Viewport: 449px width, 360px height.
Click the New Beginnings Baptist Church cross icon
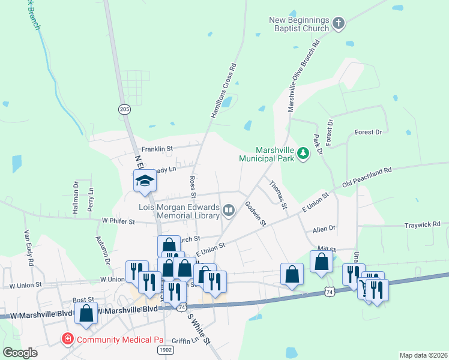coord(339,24)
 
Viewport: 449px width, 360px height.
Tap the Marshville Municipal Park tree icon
coord(304,155)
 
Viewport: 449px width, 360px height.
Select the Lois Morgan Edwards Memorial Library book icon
coord(229,210)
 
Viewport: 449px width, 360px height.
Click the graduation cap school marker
coord(145,181)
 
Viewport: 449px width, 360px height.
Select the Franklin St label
coord(157,148)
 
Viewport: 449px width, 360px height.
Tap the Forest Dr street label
coord(368,132)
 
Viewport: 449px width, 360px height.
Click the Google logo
coord(20,353)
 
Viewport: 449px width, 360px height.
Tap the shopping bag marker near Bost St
coord(86,314)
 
